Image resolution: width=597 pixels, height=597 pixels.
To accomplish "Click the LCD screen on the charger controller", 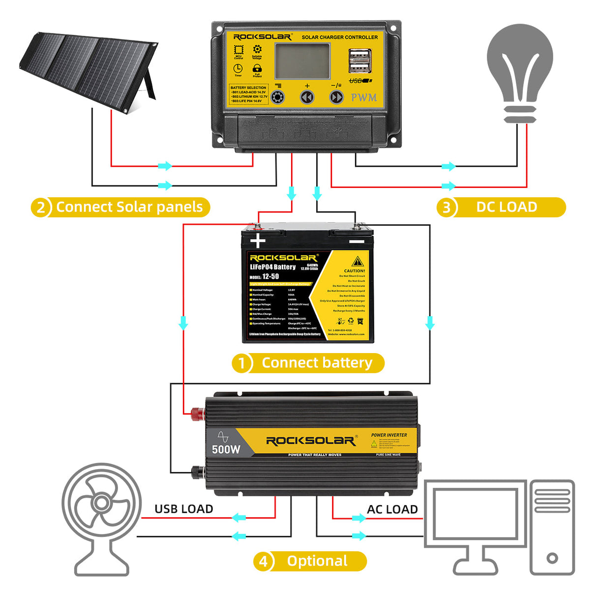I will tap(302, 60).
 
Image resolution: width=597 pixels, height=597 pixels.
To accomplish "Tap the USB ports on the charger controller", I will tap(359, 60).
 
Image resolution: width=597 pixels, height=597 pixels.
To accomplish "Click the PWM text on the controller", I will tap(364, 97).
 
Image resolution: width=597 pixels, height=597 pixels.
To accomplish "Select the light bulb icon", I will tap(520, 69).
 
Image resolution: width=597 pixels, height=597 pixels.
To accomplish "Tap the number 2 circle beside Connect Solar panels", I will tap(41, 208).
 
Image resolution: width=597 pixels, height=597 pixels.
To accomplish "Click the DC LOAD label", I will tap(507, 207).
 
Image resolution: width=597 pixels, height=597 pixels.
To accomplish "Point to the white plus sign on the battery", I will tap(258, 241).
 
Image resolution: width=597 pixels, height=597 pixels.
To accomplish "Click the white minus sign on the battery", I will tap(357, 241).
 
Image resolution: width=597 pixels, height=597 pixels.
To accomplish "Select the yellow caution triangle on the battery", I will tap(358, 261).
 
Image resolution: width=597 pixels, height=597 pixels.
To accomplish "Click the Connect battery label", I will tap(317, 363).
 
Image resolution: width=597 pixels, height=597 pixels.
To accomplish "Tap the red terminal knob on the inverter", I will tap(197, 413).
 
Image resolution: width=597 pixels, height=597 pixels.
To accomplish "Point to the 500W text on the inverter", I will tap(226, 449).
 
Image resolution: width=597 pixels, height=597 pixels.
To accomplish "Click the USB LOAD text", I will tap(183, 509).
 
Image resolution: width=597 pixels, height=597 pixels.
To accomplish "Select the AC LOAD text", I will tap(392, 509).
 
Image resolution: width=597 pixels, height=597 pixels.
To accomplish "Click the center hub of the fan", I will tap(101, 503).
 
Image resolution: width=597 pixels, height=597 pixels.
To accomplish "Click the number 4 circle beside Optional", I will tap(263, 562).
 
